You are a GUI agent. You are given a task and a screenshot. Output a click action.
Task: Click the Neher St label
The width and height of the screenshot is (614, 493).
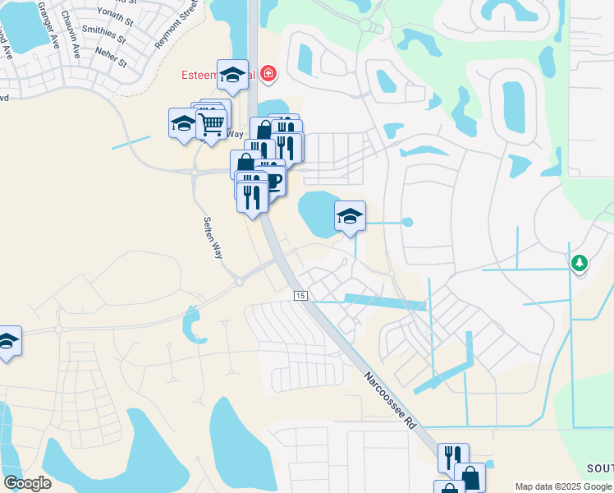click(x=110, y=56)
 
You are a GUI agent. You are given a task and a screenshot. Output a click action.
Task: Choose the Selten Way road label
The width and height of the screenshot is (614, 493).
click(x=212, y=237)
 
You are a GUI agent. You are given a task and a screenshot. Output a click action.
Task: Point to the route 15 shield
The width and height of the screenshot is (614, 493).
click(x=300, y=295)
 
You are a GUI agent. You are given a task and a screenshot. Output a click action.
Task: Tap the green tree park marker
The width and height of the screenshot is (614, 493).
click(x=580, y=262)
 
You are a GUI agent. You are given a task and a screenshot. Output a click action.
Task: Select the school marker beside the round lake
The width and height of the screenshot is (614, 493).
click(x=350, y=218)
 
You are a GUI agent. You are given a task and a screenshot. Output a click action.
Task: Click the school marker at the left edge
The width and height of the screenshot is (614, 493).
click(x=7, y=341)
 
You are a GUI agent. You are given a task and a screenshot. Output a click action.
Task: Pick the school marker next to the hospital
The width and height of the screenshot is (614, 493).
click(x=232, y=76)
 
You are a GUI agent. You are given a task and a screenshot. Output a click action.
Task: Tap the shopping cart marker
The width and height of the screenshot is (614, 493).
click(x=212, y=124)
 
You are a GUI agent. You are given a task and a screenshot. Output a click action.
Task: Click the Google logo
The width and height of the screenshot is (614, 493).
click(x=27, y=483)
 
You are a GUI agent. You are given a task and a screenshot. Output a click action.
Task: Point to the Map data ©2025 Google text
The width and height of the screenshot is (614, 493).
click(x=562, y=486)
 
